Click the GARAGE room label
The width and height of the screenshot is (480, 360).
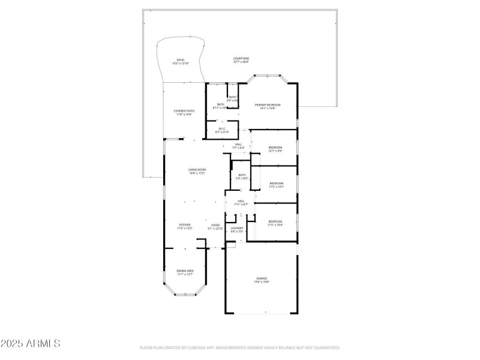pyautogui.click(x=262, y=278)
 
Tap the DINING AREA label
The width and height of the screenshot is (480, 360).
pyautogui.click(x=185, y=271)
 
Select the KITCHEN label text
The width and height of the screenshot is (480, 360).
pyautogui.click(x=184, y=225)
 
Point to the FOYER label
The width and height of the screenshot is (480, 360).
pyautogui.click(x=215, y=225)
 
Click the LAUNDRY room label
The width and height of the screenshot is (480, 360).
pyautogui.click(x=236, y=227)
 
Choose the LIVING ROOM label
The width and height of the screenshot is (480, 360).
pyautogui.click(x=197, y=170)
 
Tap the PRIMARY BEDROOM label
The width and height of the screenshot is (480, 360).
pyautogui.click(x=267, y=105)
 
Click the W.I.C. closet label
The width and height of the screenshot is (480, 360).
pyautogui.click(x=221, y=128)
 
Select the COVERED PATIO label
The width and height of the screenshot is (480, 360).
pyautogui.click(x=184, y=111)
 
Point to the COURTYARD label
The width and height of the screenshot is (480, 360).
pyautogui.click(x=241, y=58)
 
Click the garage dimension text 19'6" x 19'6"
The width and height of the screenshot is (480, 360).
pyautogui.click(x=262, y=282)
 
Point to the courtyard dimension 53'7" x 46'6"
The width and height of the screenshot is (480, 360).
pyautogui.click(x=241, y=62)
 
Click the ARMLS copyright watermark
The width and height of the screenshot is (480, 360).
pyautogui.click(x=30, y=344)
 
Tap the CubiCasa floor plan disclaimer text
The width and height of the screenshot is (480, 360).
pyautogui.click(x=240, y=347)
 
